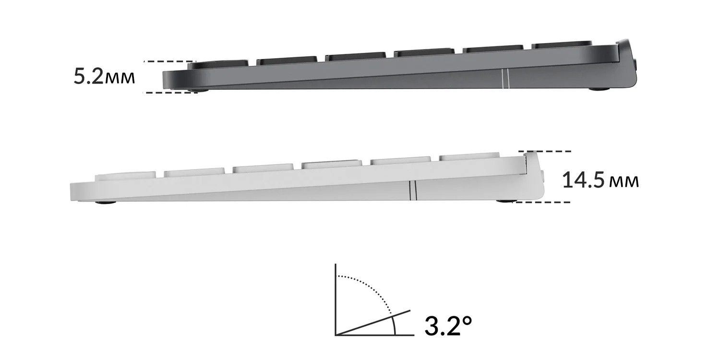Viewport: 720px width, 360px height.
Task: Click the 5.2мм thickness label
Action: tap(104, 77)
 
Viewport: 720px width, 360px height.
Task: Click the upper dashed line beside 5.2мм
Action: tap(169, 61)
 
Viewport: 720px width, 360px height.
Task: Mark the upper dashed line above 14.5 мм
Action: tap(545, 151)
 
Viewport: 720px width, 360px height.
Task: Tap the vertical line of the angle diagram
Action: tap(336, 300)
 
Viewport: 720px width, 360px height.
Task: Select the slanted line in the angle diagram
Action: tap(373, 323)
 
